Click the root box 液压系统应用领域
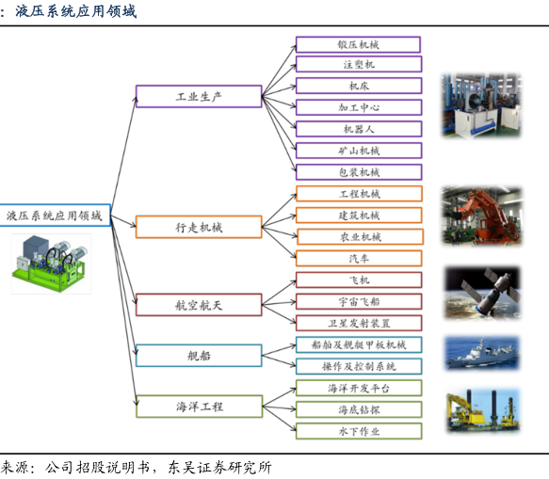coord(56,216)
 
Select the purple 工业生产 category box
coord(199,96)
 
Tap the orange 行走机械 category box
coord(199,227)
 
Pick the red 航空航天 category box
coord(199,305)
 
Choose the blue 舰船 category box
coord(199,356)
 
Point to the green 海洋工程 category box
coord(200,407)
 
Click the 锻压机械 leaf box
coord(358,44)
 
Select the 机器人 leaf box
coord(359,129)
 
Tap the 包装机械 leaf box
coord(359,172)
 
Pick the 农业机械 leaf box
coord(361,237)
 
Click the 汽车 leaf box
coord(359,259)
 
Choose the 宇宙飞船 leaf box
coord(359,301)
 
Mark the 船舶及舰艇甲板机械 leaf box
coord(359,345)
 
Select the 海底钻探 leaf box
coord(359,409)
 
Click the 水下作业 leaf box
coord(359,431)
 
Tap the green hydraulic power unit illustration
coord(51,263)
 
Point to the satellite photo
coord(482,293)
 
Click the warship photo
coord(482,353)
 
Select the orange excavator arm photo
coord(482,216)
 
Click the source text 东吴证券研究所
coord(219,468)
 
